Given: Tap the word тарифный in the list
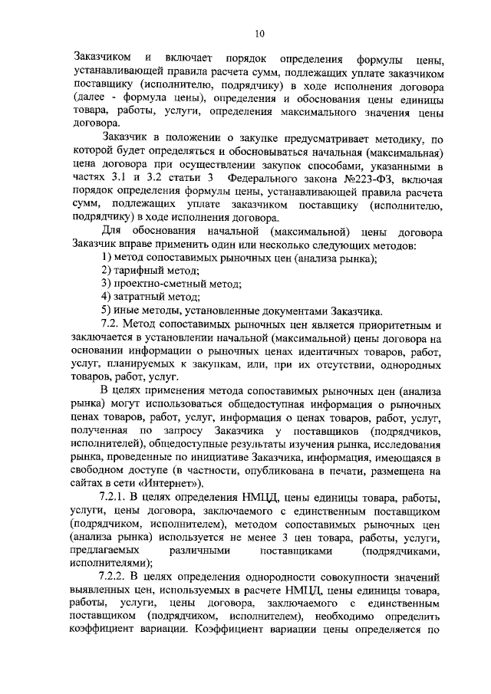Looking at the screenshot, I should (143, 271).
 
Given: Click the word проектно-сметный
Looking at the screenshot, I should (165, 283).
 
